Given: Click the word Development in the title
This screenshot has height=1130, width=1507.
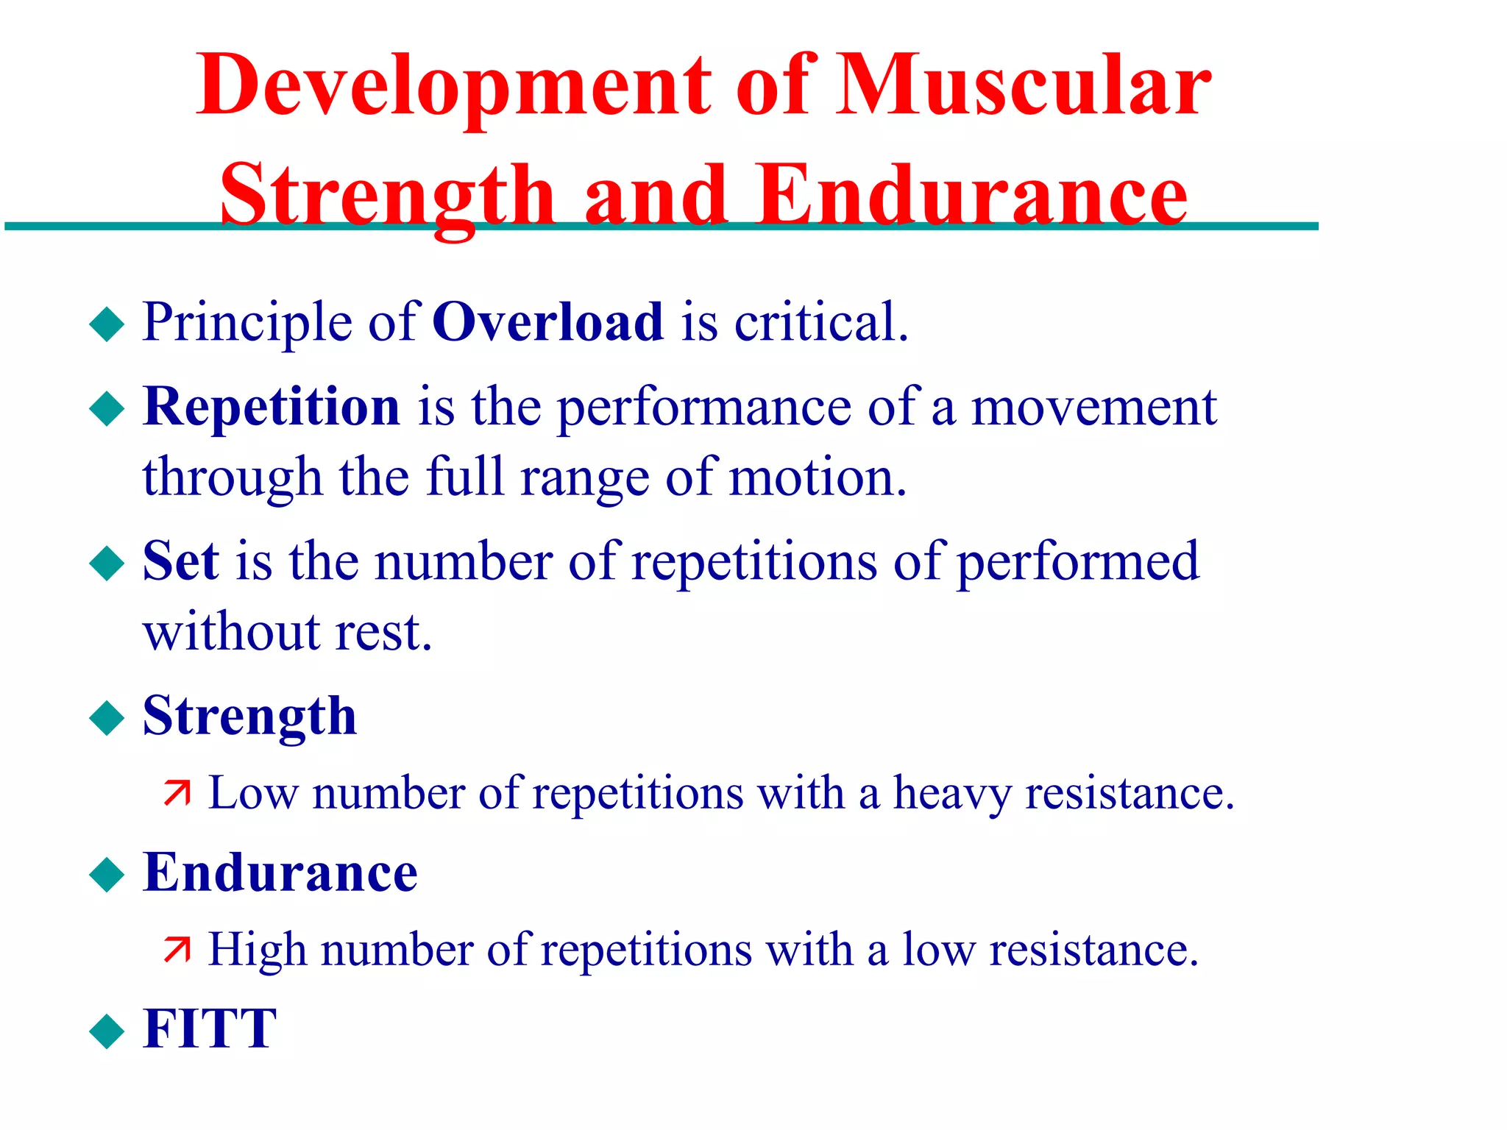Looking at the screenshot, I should point(453,87).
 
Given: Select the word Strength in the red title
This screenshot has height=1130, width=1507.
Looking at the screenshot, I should point(387,196).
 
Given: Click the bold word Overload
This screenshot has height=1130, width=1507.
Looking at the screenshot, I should point(547,322).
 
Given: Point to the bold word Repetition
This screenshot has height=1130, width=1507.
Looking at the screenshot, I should point(272,407).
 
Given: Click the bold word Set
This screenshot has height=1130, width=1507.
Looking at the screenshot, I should point(180,561).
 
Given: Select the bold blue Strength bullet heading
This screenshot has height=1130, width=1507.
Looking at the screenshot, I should point(249,717).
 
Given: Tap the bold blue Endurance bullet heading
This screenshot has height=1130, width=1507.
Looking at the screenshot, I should point(280,873).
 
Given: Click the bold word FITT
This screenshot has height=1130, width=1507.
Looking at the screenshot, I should point(210,1028).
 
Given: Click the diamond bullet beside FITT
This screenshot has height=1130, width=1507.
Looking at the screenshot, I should point(107,1031).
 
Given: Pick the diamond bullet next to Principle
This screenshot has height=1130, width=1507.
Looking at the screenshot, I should point(107,324).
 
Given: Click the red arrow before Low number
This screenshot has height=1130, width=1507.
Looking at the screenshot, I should point(177,793).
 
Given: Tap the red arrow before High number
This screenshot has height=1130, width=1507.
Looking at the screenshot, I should point(177,950).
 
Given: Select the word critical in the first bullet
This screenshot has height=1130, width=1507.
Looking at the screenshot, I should point(821,322).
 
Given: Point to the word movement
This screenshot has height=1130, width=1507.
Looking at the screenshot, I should point(1093,407).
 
